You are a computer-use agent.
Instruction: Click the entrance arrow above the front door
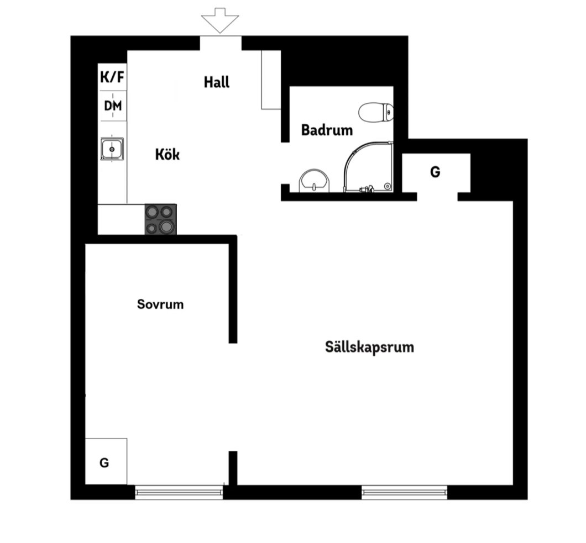tap(220, 20)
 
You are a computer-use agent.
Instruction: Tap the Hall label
tap(217, 82)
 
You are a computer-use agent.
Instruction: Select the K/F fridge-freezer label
tap(112, 77)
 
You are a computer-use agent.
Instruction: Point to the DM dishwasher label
tap(113, 106)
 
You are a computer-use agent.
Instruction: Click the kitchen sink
tap(112, 149)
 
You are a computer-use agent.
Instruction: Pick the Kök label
tap(168, 154)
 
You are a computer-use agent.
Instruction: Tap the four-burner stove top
tap(161, 219)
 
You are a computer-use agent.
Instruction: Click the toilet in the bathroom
tap(376, 112)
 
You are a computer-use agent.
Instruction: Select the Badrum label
tap(327, 130)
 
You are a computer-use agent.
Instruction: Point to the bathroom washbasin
tap(314, 181)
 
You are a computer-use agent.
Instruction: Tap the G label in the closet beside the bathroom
tap(436, 172)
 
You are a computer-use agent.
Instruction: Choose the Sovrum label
tap(160, 304)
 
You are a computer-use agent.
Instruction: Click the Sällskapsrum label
tap(370, 347)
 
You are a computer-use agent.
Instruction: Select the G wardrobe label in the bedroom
tap(104, 463)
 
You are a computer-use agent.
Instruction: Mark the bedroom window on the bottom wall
tap(179, 492)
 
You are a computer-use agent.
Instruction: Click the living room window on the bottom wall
tap(404, 492)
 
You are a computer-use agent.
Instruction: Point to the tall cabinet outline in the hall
tap(271, 80)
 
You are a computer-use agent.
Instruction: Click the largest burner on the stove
tap(166, 226)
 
